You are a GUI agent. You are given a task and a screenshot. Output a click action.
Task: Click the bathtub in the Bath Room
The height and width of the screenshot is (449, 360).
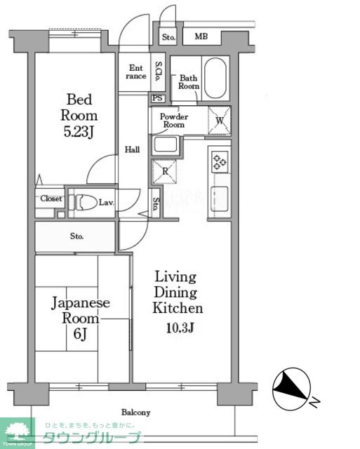(215, 78)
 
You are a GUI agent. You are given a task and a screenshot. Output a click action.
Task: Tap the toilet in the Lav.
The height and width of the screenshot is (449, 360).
(83, 203)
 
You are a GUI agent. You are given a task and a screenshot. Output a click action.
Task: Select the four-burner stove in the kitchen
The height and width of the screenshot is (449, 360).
(220, 162)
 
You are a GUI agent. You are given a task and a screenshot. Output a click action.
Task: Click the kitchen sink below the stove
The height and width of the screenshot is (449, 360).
(220, 199)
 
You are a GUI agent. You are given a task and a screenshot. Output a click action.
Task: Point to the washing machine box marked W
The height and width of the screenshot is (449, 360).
(220, 121)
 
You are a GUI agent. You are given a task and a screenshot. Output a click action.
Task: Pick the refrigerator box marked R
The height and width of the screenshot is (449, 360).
(165, 171)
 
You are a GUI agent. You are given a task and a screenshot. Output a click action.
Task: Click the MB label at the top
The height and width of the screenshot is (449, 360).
(201, 36)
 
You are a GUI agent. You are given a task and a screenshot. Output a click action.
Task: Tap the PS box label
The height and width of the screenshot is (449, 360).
(157, 98)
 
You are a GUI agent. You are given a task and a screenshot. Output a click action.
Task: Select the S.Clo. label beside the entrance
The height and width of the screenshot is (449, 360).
(158, 72)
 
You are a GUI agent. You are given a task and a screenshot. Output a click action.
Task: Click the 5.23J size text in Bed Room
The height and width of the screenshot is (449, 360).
(79, 132)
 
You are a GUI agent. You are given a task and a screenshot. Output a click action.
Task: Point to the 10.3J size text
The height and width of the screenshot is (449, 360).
(180, 328)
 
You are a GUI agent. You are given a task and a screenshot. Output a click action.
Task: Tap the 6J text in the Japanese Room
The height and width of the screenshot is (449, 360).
(80, 334)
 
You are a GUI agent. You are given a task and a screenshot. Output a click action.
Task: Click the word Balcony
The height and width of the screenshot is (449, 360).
(135, 413)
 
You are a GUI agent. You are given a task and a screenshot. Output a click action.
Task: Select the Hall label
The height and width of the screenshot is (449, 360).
(133, 149)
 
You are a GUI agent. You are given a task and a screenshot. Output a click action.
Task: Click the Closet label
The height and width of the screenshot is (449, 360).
(51, 199)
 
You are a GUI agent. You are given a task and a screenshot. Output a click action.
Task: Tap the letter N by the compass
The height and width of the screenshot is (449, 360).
(315, 402)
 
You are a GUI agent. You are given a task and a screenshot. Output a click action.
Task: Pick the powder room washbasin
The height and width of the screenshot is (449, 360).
(165, 145)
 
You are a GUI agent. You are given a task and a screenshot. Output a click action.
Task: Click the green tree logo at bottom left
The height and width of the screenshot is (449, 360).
(17, 431)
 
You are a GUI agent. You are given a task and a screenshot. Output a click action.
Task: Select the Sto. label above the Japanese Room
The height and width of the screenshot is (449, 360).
(76, 236)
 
